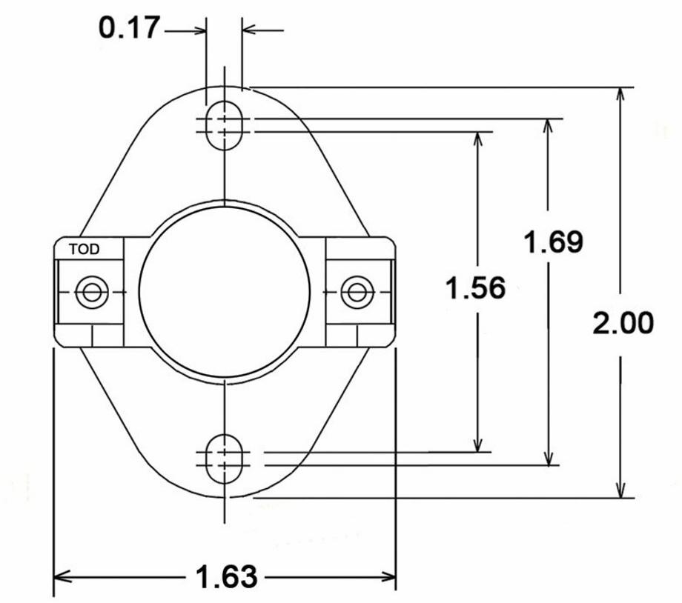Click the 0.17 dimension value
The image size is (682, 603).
(129, 28)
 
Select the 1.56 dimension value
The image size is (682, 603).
(475, 288)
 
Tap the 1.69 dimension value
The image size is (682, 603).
(553, 242)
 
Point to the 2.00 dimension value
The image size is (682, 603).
(623, 324)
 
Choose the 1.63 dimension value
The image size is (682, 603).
(226, 576)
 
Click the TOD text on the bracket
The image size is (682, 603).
(85, 250)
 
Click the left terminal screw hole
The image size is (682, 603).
(91, 292)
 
